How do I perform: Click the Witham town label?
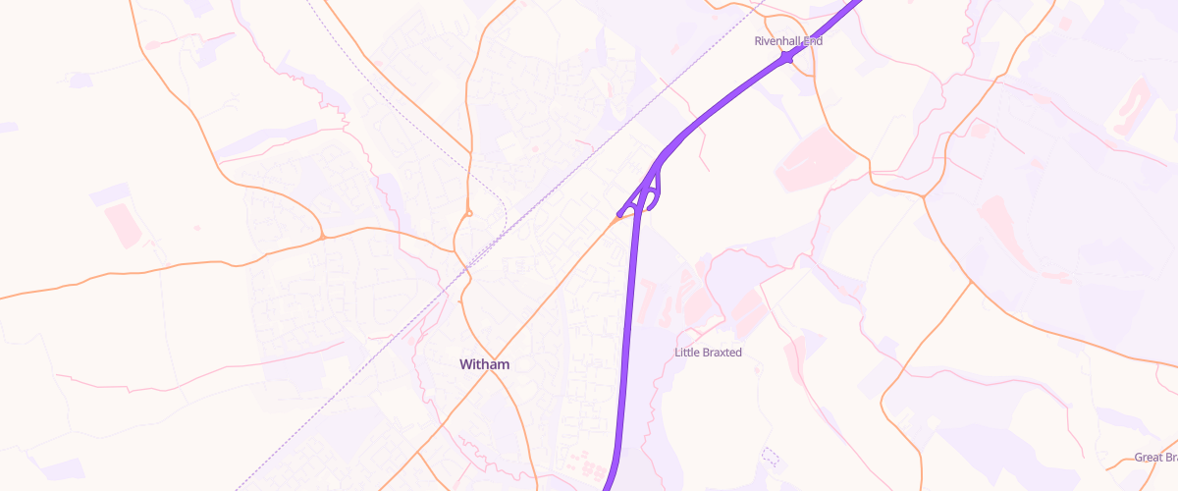(x=485, y=364)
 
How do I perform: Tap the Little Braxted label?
(x=708, y=352)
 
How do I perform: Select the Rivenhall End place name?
(x=787, y=41)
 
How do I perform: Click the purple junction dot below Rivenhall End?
(x=786, y=60)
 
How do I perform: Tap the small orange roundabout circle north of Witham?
(x=469, y=213)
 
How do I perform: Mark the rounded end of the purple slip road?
(x=619, y=214)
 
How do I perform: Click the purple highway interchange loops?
(x=649, y=192)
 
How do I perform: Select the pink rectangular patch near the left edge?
(x=123, y=225)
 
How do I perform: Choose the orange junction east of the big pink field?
(x=924, y=196)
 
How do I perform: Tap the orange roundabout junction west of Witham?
(x=322, y=237)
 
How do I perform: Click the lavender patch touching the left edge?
(x=8, y=128)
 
